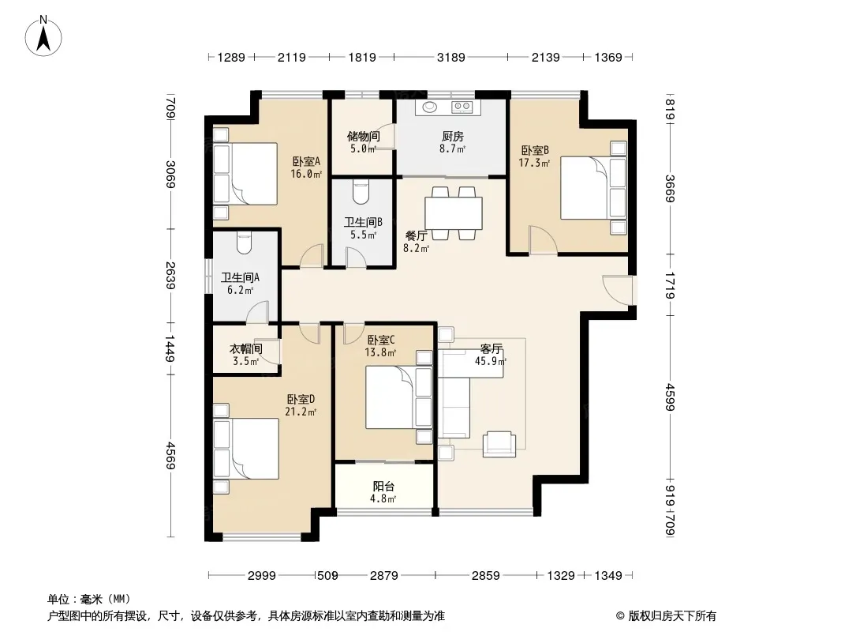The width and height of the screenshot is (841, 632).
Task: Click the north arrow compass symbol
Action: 43,36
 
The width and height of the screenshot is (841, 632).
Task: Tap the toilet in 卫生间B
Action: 361,192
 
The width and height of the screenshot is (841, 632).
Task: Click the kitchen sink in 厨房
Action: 430,107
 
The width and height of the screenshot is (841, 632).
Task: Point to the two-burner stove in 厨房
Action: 462,107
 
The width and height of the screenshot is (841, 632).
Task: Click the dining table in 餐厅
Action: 453,213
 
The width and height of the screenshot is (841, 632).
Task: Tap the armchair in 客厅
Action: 499,444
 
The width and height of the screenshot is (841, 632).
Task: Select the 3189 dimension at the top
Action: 450,57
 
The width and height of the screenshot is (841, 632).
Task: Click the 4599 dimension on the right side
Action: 670,397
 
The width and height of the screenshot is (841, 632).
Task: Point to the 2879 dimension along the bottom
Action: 384,576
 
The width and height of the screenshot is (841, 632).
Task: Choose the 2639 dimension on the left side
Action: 170,276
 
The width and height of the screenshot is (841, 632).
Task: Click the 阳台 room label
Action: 383,487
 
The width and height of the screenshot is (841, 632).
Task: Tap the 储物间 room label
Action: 363,137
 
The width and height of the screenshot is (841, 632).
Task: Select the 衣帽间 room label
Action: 245,349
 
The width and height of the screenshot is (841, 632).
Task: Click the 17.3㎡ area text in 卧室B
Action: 534,162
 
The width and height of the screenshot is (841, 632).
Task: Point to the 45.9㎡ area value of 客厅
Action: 491,361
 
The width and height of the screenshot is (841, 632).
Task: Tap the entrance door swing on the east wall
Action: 618,290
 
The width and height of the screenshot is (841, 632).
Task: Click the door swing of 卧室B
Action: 543,239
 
